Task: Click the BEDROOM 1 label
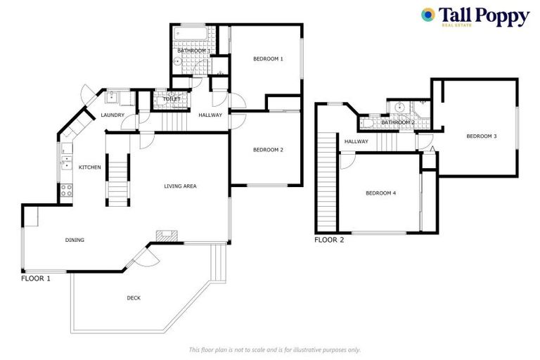pos(268,59)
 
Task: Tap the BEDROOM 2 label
pos(268,150)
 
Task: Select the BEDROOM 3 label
pos(482,136)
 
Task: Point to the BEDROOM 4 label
pos(380,192)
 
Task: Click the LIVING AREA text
pos(180,186)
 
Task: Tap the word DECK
pos(134,298)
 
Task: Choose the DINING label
pos(75,240)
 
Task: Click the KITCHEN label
pos(90,167)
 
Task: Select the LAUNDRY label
pos(112,115)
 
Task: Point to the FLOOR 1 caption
pos(35,278)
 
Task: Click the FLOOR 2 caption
pos(329,240)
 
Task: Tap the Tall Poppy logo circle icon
pos(427,14)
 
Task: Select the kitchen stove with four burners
pos(67,189)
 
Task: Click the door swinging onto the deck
pos(144,258)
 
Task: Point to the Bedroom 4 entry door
pos(347,162)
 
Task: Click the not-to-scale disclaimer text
pos(274,349)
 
